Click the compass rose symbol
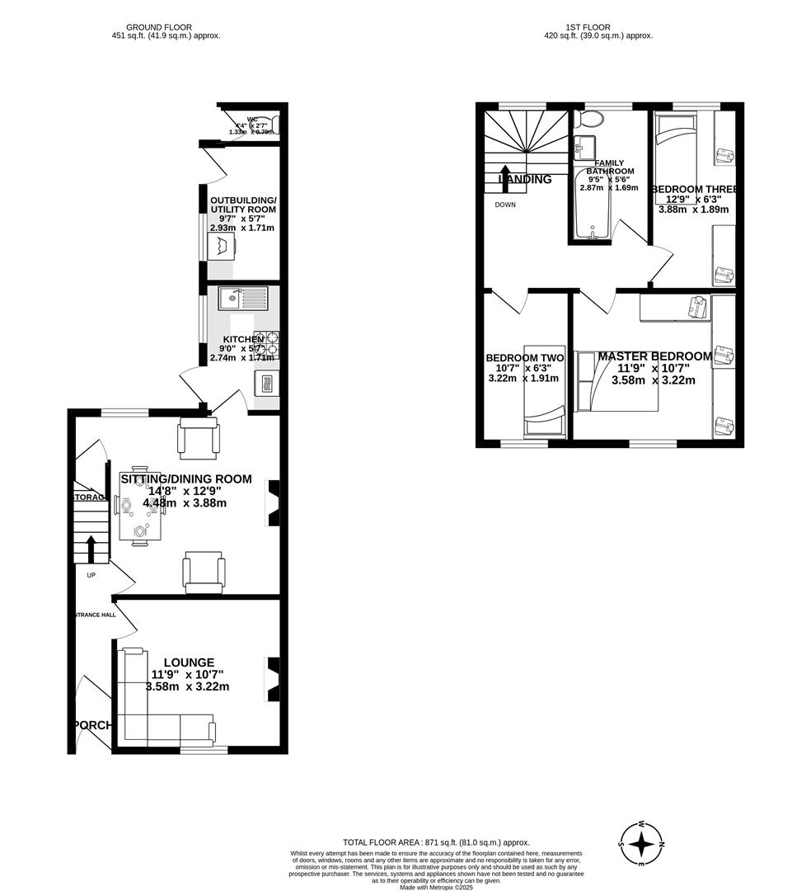(642, 844)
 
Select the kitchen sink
(242, 298)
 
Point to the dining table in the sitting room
(140, 516)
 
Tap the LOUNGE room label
(189, 662)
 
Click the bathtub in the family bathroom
(590, 205)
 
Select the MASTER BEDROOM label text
(654, 356)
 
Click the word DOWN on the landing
(505, 205)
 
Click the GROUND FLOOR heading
(166, 27)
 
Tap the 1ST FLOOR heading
(588, 27)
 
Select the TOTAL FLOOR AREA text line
(436, 842)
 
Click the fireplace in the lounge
(273, 679)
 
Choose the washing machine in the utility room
(222, 245)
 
